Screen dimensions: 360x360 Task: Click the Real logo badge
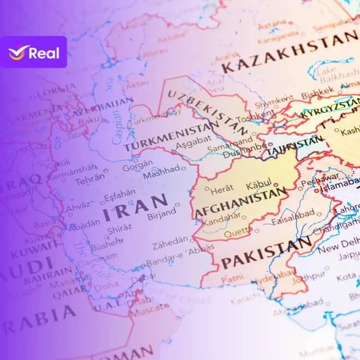[33, 52]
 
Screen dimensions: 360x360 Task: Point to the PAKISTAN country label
[266, 253]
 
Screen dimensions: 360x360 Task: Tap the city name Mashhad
[161, 170]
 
